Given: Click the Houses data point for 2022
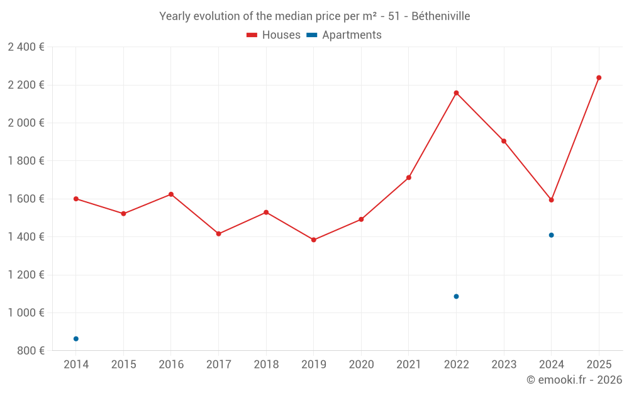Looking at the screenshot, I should [x=456, y=93].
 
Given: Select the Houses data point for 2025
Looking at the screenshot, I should [x=599, y=78].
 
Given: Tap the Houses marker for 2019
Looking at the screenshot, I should [x=313, y=240].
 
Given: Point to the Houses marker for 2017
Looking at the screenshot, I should [x=218, y=234].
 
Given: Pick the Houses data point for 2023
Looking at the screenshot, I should [x=504, y=141].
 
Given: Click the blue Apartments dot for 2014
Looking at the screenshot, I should [x=76, y=339].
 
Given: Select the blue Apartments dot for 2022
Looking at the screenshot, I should [x=456, y=296].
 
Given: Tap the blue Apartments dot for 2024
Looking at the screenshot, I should [x=551, y=235].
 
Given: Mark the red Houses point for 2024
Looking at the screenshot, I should [x=551, y=200].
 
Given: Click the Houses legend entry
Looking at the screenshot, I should [x=274, y=35].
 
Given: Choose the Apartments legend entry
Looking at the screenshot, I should [x=344, y=35].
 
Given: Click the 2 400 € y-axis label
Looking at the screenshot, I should [x=26, y=47].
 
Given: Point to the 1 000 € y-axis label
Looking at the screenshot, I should [x=26, y=313].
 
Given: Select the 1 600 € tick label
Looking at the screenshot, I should [x=26, y=199].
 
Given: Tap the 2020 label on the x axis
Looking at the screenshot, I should [x=361, y=365].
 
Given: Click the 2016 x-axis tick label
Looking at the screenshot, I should [x=171, y=365].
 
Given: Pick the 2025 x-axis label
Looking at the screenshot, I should [x=599, y=365].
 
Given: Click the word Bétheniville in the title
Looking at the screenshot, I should [x=440, y=16].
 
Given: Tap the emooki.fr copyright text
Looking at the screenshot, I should [x=574, y=380].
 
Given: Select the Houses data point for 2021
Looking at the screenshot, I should [x=409, y=178].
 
